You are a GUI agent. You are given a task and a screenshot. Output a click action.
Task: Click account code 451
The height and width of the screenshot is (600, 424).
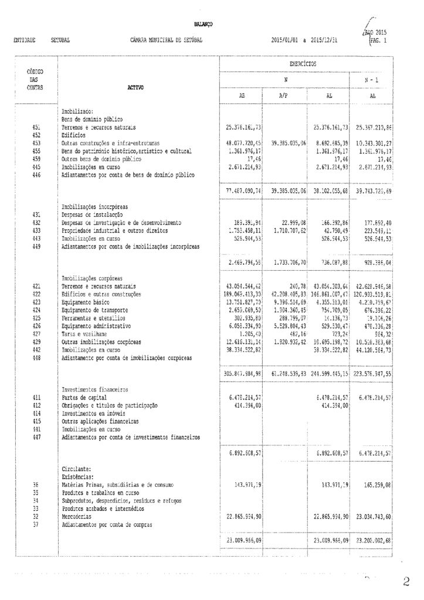(x=35, y=127)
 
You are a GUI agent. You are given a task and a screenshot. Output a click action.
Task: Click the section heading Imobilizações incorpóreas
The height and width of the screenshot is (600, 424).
(x=96, y=207)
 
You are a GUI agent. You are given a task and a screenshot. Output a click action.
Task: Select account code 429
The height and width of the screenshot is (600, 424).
(x=35, y=341)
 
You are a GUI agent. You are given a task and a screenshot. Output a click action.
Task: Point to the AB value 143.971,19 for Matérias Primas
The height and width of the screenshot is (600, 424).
(x=242, y=486)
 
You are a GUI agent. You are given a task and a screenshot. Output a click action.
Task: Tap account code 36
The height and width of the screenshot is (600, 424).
(x=35, y=486)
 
